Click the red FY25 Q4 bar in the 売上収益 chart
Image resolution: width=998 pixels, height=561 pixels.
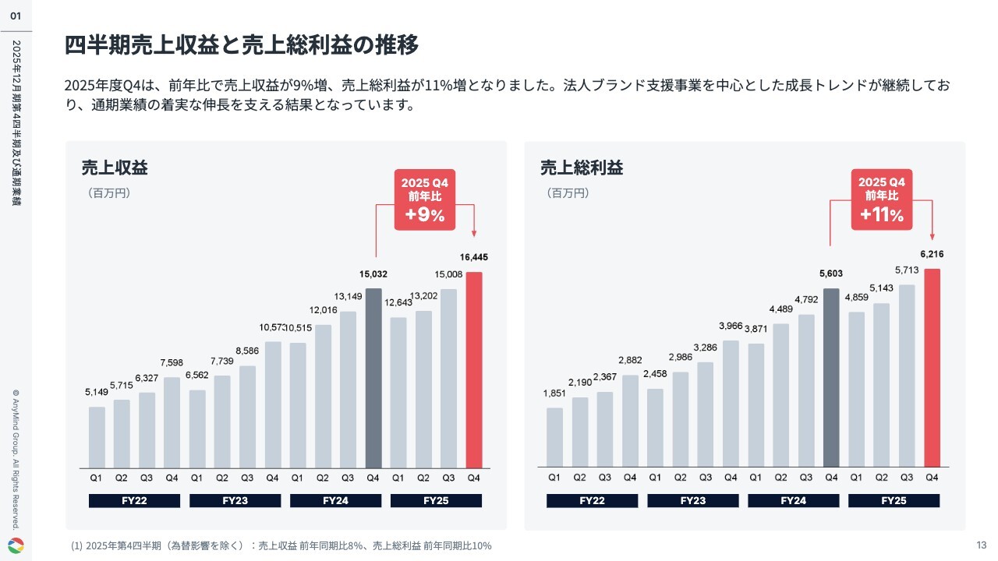(x=474, y=370)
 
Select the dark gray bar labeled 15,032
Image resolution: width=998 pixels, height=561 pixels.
(x=373, y=378)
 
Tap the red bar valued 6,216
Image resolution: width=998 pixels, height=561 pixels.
(x=932, y=368)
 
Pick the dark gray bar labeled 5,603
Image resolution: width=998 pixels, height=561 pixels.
(x=831, y=378)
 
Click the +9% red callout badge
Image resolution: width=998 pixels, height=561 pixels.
(x=425, y=199)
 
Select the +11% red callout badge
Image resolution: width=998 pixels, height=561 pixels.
(x=882, y=199)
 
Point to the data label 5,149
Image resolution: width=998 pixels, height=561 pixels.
(x=97, y=392)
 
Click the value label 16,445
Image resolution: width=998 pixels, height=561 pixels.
(x=474, y=257)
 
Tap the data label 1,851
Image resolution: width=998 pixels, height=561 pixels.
(x=554, y=393)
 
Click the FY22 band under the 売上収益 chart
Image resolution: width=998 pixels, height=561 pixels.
(x=134, y=500)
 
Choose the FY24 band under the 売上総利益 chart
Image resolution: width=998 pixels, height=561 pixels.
(x=793, y=500)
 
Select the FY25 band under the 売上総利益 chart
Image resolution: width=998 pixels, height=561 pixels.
(x=894, y=500)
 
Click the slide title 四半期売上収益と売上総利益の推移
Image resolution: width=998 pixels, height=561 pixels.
(x=242, y=46)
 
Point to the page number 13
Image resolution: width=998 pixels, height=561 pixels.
(x=981, y=545)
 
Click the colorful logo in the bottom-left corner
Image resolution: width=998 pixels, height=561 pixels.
(x=16, y=545)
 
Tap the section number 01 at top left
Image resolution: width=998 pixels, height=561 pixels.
(x=16, y=16)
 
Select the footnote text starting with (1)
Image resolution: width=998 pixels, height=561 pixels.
(x=281, y=545)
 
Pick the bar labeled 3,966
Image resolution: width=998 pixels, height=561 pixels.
(x=731, y=404)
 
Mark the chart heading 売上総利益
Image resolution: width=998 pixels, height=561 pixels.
(x=582, y=168)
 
